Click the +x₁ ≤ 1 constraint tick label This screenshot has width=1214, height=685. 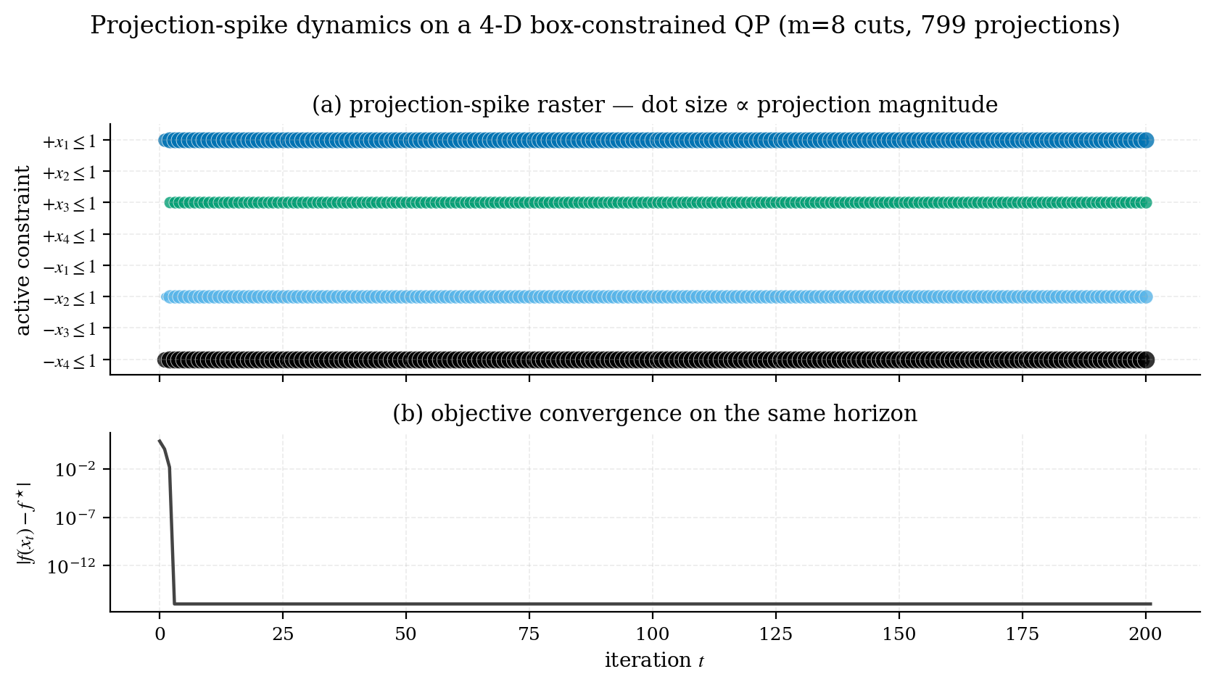[70, 141]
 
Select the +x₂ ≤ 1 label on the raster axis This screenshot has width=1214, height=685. [70, 173]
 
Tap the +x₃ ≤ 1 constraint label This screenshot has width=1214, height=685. [70, 204]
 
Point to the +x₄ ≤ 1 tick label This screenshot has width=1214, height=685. [70, 235]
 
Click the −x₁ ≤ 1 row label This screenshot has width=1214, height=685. [70, 267]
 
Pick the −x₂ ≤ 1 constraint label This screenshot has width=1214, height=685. [70, 298]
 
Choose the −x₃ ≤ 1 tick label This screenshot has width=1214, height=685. [70, 329]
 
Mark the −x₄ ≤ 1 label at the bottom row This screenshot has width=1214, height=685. [70, 361]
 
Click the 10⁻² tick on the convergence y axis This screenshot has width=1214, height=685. [75, 470]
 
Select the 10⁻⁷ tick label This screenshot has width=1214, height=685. [75, 518]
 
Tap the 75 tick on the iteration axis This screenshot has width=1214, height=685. [529, 635]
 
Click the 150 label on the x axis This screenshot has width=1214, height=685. [899, 635]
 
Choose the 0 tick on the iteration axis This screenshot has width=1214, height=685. [160, 635]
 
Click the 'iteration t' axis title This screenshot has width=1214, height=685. [654, 661]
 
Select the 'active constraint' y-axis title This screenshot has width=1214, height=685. [23, 250]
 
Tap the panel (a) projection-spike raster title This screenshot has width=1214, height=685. [654, 106]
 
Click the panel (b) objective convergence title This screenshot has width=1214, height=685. [654, 414]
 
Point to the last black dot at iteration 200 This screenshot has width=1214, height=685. [1145, 360]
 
